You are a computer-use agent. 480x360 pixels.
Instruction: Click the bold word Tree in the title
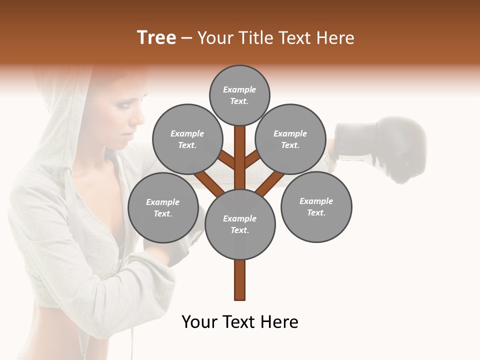click(156, 38)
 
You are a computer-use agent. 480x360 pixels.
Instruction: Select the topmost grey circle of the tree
click(239, 95)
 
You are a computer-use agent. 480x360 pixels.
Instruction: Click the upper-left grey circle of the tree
click(187, 139)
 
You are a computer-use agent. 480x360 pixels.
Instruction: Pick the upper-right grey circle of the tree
click(290, 139)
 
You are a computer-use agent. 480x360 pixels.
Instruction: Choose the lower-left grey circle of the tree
click(162, 207)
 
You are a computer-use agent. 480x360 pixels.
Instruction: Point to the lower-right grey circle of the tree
click(316, 206)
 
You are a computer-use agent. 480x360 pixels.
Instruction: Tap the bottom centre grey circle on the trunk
click(239, 224)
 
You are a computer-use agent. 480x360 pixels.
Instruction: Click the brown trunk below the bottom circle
click(239, 280)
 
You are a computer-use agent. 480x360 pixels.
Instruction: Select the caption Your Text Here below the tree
click(239, 322)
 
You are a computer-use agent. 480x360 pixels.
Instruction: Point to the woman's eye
click(122, 106)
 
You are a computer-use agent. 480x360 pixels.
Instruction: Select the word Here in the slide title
click(334, 38)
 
